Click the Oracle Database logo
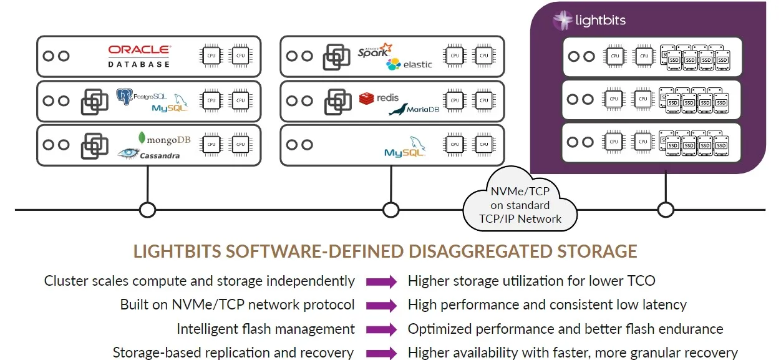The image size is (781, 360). pyautogui.click(x=138, y=56)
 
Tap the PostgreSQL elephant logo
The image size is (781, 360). pyautogui.click(x=125, y=97)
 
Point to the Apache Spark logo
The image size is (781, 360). pyautogui.click(x=375, y=51)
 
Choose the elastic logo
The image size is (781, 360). pyautogui.click(x=409, y=64)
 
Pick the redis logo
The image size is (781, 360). pyautogui.click(x=379, y=98)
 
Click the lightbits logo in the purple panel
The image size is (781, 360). pyautogui.click(x=589, y=21)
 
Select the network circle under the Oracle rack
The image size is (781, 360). pyautogui.click(x=148, y=210)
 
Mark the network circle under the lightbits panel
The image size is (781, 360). pyautogui.click(x=666, y=210)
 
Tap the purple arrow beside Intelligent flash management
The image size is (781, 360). pyautogui.click(x=381, y=329)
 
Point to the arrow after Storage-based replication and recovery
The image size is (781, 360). pyautogui.click(x=381, y=353)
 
